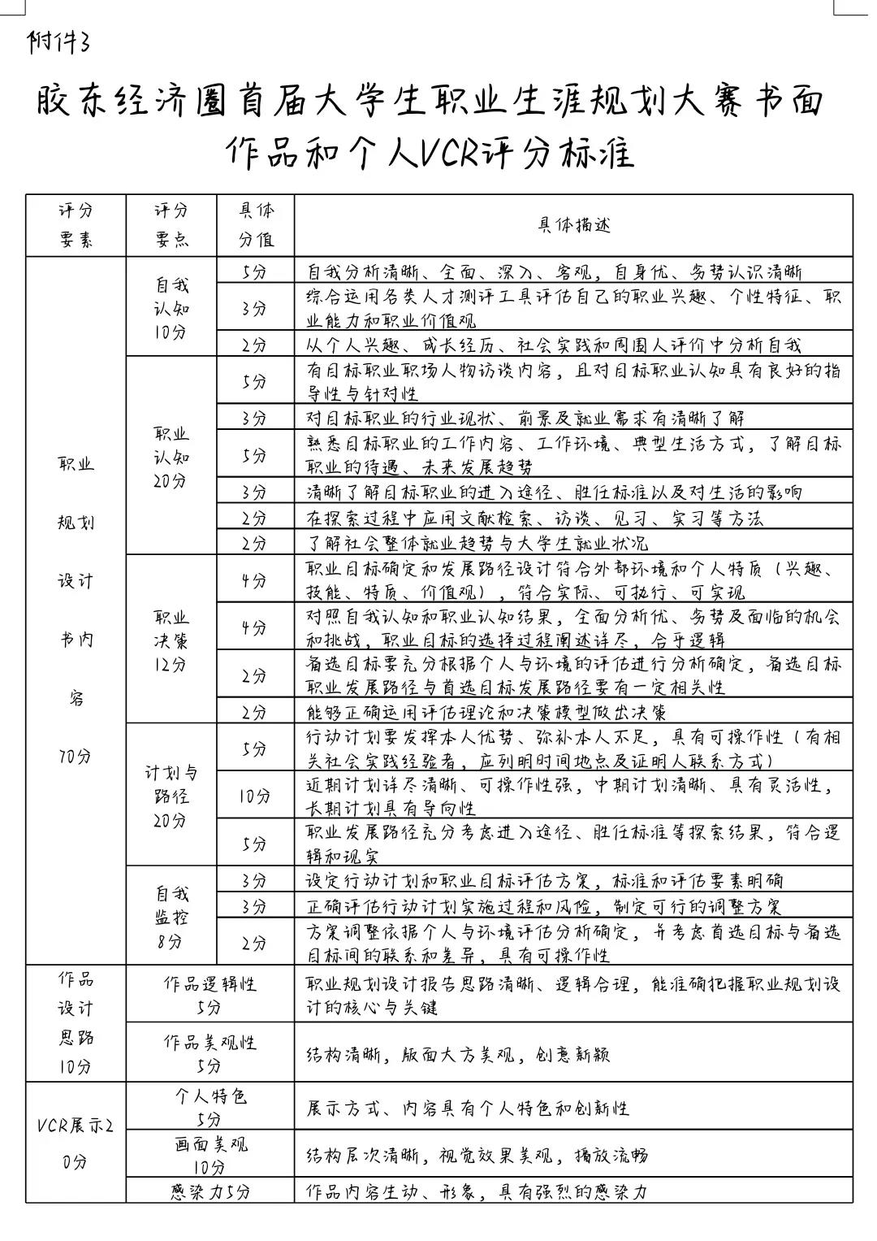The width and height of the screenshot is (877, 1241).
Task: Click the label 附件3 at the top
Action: pyautogui.click(x=58, y=41)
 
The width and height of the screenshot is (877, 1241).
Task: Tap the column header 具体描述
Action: pyautogui.click(x=573, y=225)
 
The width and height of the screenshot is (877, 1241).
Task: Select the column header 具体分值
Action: pyautogui.click(x=256, y=224)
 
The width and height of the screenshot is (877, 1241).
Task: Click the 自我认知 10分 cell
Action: pyautogui.click(x=171, y=309)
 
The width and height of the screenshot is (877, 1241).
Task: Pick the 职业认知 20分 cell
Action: pyautogui.click(x=171, y=458)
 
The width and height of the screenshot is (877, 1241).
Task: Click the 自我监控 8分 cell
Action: pyautogui.click(x=171, y=918)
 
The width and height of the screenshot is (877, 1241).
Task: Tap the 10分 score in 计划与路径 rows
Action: pyautogui.click(x=255, y=796)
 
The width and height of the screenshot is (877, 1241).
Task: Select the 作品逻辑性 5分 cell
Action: pyautogui.click(x=210, y=995)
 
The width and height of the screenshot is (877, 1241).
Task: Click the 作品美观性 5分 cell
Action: pyautogui.click(x=210, y=1053)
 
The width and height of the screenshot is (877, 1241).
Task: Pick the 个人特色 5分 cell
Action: pyautogui.click(x=210, y=1107)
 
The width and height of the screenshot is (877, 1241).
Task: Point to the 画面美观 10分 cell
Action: pyautogui.click(x=210, y=1155)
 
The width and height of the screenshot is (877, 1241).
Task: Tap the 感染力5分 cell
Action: pyautogui.click(x=210, y=1191)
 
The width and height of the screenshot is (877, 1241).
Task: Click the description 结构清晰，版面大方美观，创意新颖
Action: pyautogui.click(x=457, y=1055)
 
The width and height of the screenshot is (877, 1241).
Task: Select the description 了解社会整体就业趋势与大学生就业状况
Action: pyautogui.click(x=477, y=543)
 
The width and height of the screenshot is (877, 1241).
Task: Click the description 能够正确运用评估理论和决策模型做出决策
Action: pyautogui.click(x=486, y=712)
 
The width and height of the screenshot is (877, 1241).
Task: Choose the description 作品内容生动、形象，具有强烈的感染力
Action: pyautogui.click(x=477, y=1191)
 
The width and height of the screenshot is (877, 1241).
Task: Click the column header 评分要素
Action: pyautogui.click(x=76, y=224)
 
